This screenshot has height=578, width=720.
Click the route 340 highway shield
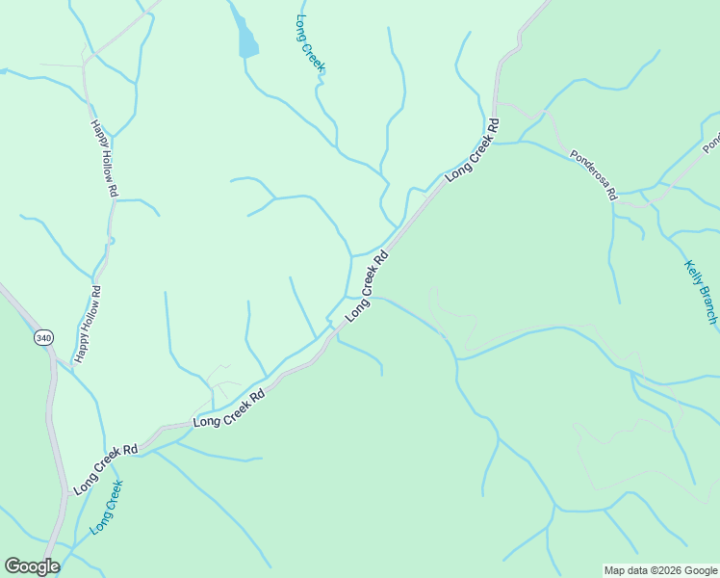click(x=42, y=338)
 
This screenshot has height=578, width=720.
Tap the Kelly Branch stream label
click(x=702, y=292)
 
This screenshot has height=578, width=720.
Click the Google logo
click(x=31, y=566)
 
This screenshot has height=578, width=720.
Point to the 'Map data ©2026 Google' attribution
click(x=660, y=570)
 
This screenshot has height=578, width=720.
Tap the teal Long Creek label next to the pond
click(x=310, y=44)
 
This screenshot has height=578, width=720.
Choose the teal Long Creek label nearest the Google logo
click(x=107, y=508)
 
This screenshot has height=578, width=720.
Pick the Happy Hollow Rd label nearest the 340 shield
click(x=88, y=325)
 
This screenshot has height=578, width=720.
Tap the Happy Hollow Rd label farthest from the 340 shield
click(x=104, y=158)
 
